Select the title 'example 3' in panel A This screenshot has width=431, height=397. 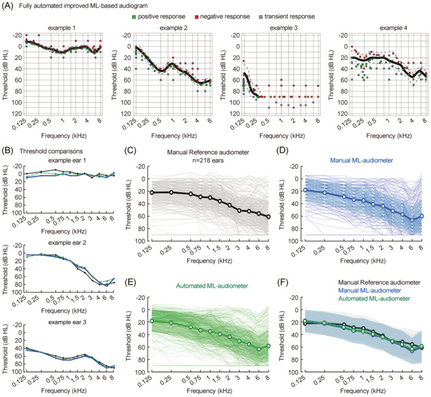(x=272, y=29)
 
